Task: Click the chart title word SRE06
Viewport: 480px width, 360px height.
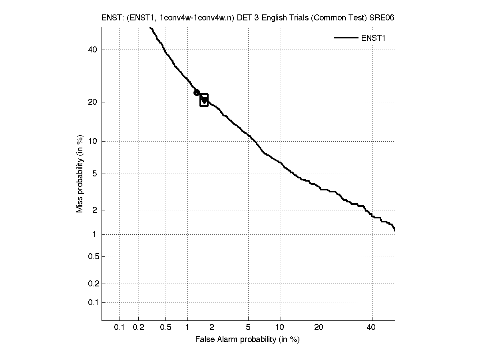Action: pyautogui.click(x=384, y=18)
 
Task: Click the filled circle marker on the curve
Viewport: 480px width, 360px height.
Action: pyautogui.click(x=197, y=93)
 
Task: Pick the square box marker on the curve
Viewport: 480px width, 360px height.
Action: pyautogui.click(x=204, y=100)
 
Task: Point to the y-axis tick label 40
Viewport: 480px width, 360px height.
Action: pyautogui.click(x=92, y=50)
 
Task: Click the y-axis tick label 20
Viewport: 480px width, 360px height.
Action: pyautogui.click(x=92, y=102)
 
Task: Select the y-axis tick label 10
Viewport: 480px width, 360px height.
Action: pyautogui.click(x=92, y=141)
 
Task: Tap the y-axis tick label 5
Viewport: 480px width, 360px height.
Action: pyautogui.click(x=94, y=174)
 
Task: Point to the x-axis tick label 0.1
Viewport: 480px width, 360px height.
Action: pyautogui.click(x=120, y=327)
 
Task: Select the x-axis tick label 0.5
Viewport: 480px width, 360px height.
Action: pyautogui.click(x=166, y=327)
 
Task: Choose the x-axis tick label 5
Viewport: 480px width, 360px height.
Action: pyautogui.click(x=248, y=327)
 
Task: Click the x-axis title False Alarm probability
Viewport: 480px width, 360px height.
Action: pyautogui.click(x=247, y=340)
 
